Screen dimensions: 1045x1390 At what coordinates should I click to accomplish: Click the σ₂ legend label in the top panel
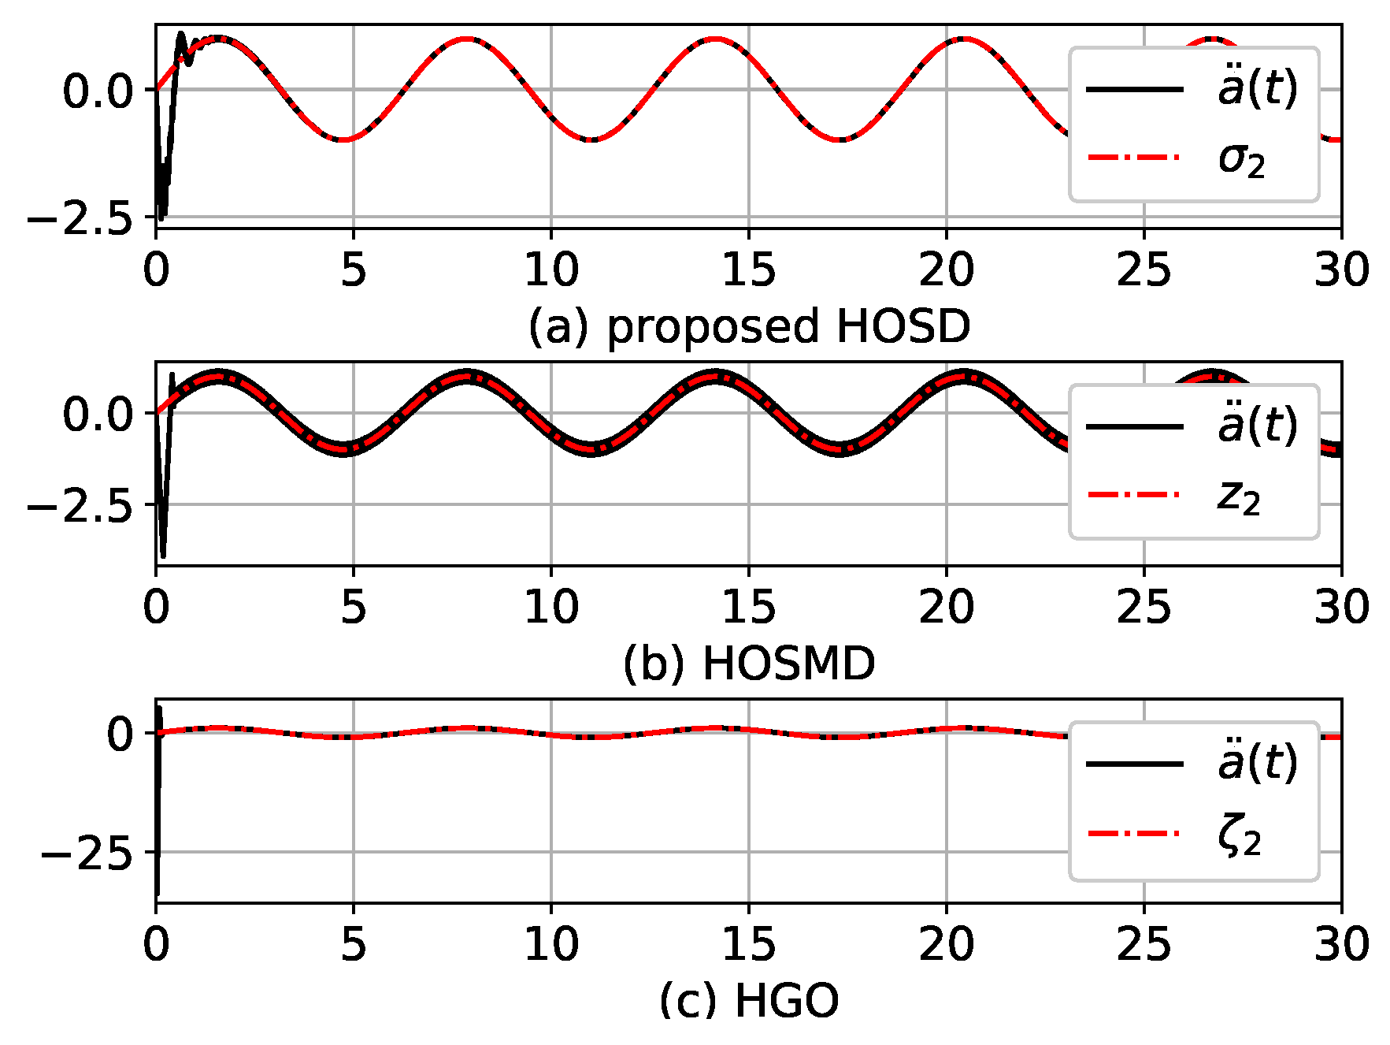(x=1241, y=160)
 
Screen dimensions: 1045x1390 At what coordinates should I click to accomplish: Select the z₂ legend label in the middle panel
(x=1239, y=497)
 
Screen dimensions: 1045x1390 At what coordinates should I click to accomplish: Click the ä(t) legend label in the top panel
(x=1257, y=88)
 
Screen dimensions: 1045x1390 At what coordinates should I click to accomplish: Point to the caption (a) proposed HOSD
(x=749, y=326)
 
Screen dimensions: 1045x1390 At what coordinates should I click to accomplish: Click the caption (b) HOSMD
(x=749, y=664)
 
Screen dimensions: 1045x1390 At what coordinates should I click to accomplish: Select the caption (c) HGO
(x=749, y=1001)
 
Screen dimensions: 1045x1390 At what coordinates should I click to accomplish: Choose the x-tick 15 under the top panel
(x=748, y=270)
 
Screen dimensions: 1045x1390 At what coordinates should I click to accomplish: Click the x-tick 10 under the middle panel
(x=551, y=608)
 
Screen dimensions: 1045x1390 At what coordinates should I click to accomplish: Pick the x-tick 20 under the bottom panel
(x=946, y=944)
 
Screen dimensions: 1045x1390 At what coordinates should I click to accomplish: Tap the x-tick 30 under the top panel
(x=1340, y=270)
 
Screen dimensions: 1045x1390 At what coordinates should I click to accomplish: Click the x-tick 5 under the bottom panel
(x=354, y=944)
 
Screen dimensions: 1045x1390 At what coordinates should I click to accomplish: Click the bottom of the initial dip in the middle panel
(x=163, y=555)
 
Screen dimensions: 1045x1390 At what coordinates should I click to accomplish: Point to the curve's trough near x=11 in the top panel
(x=591, y=139)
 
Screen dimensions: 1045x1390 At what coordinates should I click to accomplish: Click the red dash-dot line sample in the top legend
(x=1134, y=158)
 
